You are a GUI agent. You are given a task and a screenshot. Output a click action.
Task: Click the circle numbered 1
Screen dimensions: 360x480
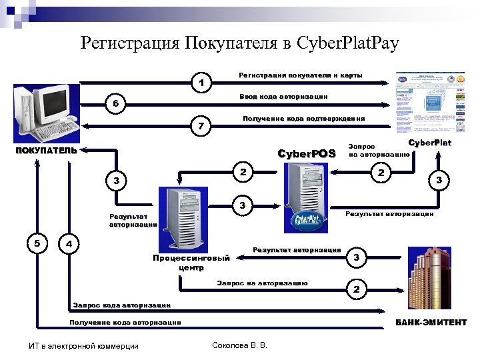(x=201, y=83)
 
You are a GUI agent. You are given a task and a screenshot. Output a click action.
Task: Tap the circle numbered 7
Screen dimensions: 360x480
(x=201, y=125)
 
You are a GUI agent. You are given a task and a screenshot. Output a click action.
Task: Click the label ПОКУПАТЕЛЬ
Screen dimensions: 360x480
(x=46, y=151)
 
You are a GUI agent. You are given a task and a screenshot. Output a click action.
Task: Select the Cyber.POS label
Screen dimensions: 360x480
(x=307, y=154)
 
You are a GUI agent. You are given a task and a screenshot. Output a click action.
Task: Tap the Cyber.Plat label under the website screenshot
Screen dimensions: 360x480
(x=429, y=143)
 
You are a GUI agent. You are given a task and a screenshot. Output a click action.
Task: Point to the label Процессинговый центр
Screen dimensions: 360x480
(x=191, y=262)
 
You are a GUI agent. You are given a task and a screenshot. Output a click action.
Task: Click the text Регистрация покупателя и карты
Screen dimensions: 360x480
(x=301, y=75)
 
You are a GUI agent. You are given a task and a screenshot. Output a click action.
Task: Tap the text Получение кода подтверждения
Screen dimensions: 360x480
(x=303, y=119)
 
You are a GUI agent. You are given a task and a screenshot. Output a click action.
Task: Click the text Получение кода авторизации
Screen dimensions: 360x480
(x=125, y=323)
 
